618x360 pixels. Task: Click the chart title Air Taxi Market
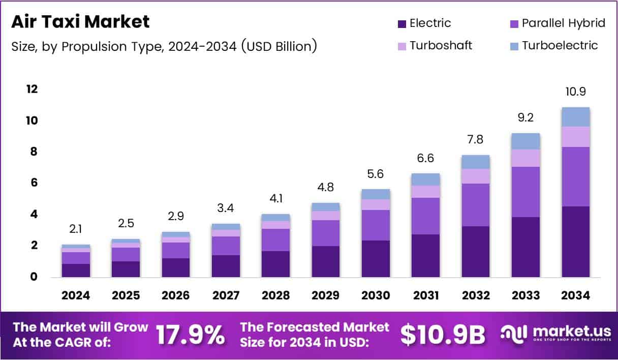point(80,22)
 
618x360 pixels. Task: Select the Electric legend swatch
point(402,23)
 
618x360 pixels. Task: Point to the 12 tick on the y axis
point(32,89)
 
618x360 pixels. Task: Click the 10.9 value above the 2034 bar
point(576,92)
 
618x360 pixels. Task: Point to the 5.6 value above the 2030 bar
point(375,173)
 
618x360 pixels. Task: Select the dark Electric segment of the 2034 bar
point(576,242)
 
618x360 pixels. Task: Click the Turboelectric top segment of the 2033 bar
point(526,141)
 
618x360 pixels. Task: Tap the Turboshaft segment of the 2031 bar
point(426,191)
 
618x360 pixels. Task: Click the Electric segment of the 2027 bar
point(226,265)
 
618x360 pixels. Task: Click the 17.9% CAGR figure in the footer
point(190,335)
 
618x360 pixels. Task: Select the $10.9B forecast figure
point(442,335)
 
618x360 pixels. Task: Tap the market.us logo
point(554,334)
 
